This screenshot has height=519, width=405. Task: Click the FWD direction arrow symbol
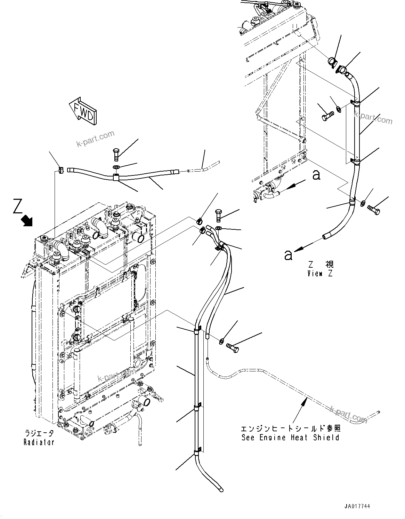click(x=83, y=111)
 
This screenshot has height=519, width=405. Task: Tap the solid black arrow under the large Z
click(x=26, y=220)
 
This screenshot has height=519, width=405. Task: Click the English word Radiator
click(x=39, y=442)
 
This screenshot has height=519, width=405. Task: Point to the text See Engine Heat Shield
click(x=290, y=438)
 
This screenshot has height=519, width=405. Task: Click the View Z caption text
click(x=319, y=274)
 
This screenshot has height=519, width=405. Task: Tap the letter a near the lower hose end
click(x=288, y=255)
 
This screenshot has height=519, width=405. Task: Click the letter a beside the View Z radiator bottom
click(x=316, y=175)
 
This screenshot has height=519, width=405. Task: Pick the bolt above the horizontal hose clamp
click(x=116, y=154)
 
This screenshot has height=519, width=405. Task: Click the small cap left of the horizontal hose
click(x=60, y=170)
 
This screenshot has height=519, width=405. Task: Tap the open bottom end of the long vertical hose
click(x=221, y=489)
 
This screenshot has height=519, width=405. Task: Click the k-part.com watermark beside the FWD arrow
click(x=95, y=139)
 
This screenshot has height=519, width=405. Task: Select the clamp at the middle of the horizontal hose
click(x=116, y=178)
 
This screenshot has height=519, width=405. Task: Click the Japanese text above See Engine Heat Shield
click(x=290, y=428)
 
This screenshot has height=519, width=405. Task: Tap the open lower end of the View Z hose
click(x=326, y=237)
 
